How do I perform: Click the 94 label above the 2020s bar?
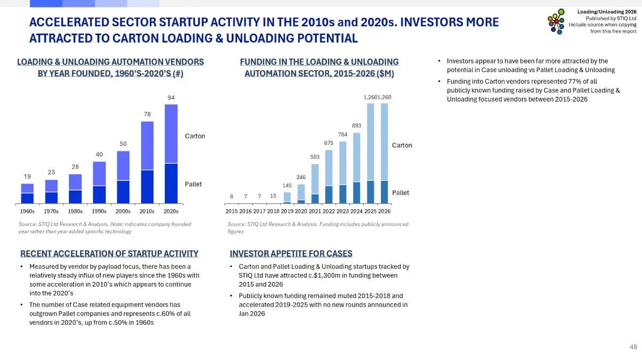171,97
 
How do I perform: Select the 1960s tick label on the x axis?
27,211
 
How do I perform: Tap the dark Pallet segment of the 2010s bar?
147,187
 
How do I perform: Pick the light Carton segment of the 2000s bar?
124,166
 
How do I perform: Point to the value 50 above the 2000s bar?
123,144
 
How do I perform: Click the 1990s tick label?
100,211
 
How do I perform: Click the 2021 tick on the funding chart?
315,211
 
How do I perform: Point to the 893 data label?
356,126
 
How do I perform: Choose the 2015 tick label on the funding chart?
232,211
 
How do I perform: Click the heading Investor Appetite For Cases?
291,254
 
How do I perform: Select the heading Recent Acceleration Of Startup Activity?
109,254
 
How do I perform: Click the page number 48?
633,347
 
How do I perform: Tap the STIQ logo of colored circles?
556,21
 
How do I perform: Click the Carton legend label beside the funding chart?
402,145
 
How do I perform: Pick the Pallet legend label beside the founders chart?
193,184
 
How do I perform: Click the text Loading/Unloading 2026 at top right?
607,11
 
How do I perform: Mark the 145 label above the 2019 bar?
287,186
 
